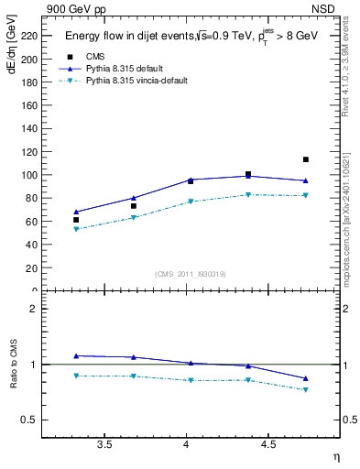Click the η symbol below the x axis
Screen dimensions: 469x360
(335, 455)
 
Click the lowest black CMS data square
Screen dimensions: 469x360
(76, 220)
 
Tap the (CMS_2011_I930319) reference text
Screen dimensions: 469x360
(191, 273)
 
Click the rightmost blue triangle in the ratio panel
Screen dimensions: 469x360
(306, 378)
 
